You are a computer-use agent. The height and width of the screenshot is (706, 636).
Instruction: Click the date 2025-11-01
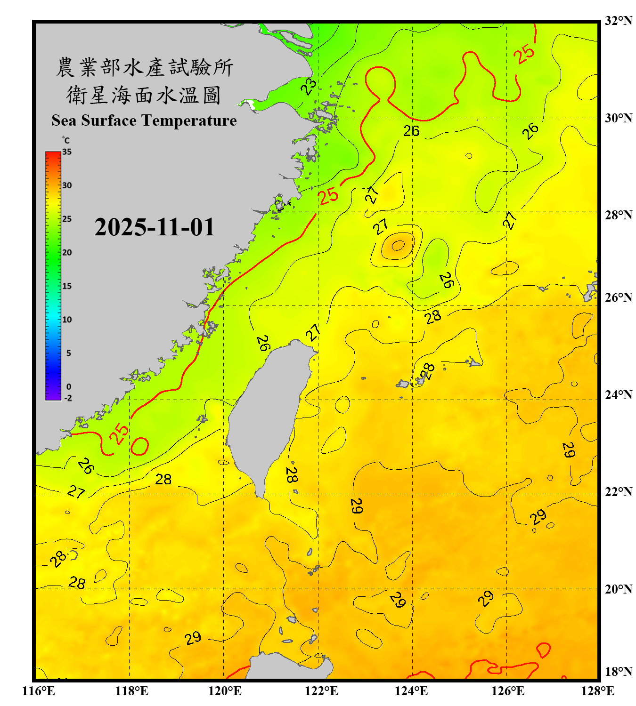pyautogui.click(x=155, y=227)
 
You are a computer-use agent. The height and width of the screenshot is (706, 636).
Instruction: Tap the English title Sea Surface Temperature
pyautogui.click(x=144, y=120)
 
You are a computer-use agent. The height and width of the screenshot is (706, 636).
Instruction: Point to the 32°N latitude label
pyautogui.click(x=618, y=21)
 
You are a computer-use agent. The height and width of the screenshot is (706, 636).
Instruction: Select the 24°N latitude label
pyautogui.click(x=618, y=394)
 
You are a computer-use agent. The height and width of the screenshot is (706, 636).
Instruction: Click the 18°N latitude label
pyautogui.click(x=618, y=672)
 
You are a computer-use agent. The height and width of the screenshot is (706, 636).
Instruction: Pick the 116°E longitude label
pyautogui.click(x=39, y=691)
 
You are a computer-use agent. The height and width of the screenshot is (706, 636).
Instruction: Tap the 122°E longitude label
pyautogui.click(x=321, y=691)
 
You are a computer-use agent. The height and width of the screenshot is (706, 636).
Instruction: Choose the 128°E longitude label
pyautogui.click(x=597, y=691)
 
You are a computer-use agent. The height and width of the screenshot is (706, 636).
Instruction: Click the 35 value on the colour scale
pyautogui.click(x=67, y=152)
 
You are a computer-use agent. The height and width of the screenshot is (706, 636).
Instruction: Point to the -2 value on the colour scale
pyautogui.click(x=68, y=398)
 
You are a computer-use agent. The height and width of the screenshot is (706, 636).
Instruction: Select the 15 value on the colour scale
pyautogui.click(x=67, y=286)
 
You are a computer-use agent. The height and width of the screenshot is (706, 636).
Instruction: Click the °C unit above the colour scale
pyautogui.click(x=66, y=140)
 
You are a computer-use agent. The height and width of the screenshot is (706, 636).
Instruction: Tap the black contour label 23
pyautogui.click(x=309, y=86)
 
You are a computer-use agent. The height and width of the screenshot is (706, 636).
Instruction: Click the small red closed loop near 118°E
pyautogui.click(x=139, y=446)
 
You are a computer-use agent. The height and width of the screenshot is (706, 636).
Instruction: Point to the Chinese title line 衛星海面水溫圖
pyautogui.click(x=144, y=96)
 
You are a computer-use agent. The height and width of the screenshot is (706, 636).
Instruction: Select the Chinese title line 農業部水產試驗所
pyautogui.click(x=145, y=67)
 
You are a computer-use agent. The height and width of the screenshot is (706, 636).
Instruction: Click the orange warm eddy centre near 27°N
pyautogui.click(x=398, y=245)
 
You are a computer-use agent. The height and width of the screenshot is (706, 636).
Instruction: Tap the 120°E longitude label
pyautogui.click(x=225, y=691)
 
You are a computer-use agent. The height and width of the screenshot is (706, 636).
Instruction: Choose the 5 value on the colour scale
pyautogui.click(x=69, y=353)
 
